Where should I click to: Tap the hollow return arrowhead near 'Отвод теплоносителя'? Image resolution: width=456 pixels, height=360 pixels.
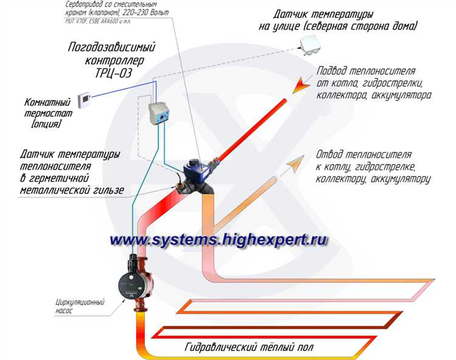(296, 162)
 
